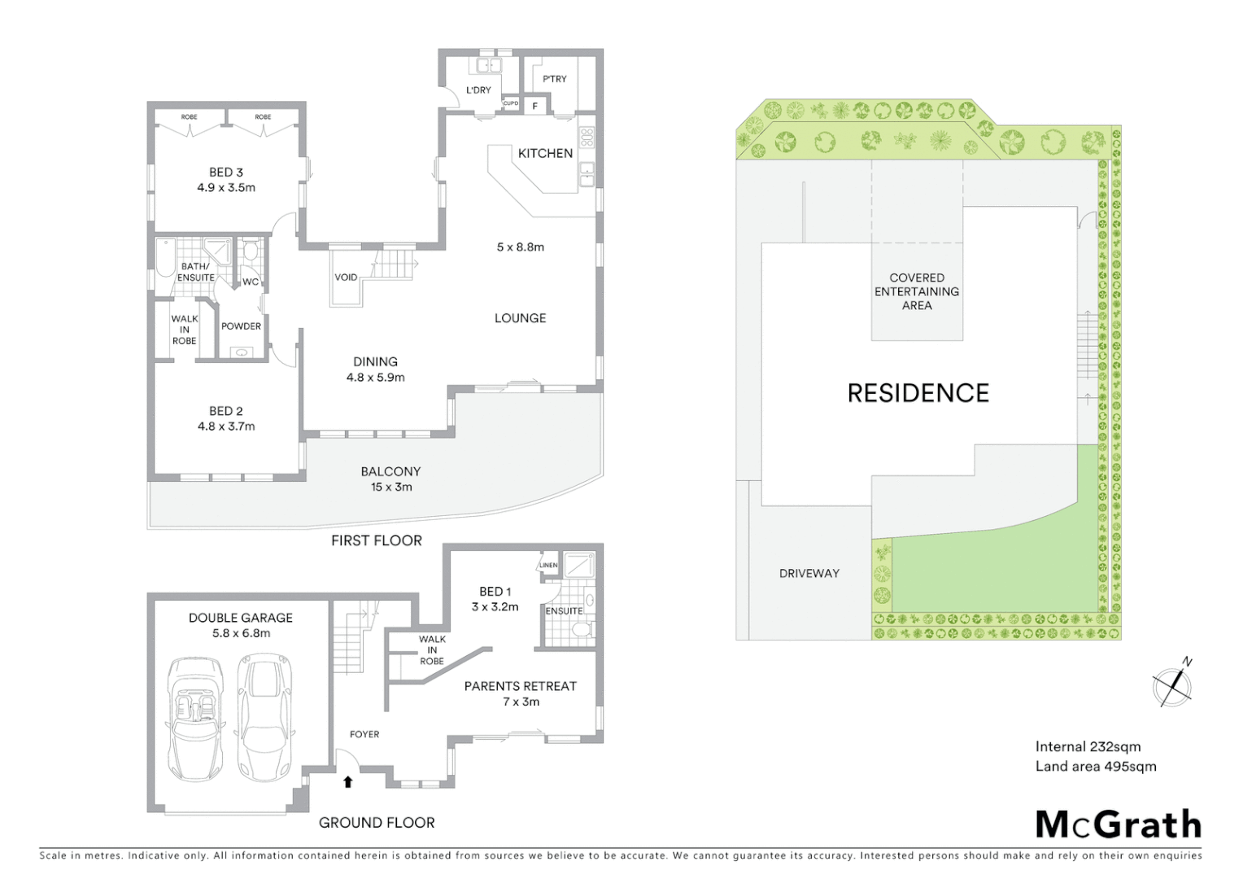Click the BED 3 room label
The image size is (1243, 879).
coord(226,173)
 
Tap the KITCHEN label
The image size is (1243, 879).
coord(545,153)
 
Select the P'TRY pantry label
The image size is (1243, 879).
coord(555,79)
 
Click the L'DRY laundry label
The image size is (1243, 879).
coord(478,90)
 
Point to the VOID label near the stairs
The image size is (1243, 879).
coord(346,278)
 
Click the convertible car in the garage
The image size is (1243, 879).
coord(195,718)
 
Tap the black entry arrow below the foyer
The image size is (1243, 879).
coord(348,781)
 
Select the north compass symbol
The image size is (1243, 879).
coord(1172,686)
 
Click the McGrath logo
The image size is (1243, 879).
coord(1118,824)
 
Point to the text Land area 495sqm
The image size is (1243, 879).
coord(1095,766)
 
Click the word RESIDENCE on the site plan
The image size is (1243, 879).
coord(918,393)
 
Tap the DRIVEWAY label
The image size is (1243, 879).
coord(809,573)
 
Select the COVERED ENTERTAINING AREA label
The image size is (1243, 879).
coord(917,291)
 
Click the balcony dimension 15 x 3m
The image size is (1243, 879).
coord(391,487)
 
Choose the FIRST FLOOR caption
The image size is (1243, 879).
coord(376,540)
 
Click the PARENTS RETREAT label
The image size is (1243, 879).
coord(520,686)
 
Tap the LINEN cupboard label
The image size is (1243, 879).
coord(548,565)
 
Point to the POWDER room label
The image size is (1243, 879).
coord(241,326)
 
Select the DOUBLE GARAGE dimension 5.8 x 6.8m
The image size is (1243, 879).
coord(241,633)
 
